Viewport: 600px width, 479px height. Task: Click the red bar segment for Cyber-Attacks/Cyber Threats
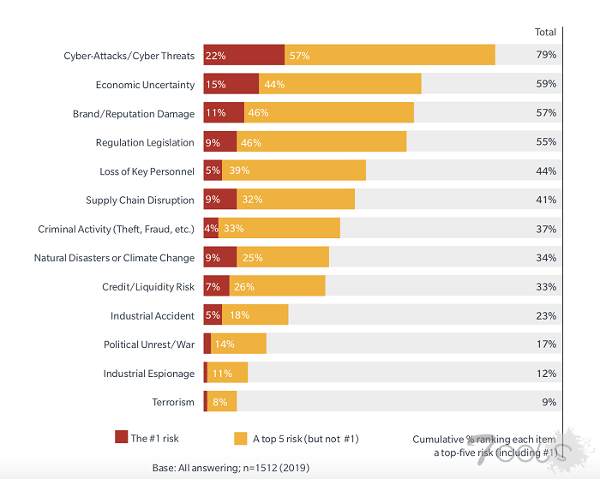[243, 55]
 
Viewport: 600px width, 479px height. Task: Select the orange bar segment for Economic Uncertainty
[339, 84]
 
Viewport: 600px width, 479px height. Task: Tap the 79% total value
[546, 55]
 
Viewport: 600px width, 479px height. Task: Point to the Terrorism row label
[173, 402]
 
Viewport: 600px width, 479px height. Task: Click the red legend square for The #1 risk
[121, 438]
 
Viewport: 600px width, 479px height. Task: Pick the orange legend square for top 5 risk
[241, 438]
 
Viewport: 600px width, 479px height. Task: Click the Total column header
[545, 32]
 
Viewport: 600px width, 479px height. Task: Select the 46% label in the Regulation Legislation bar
[251, 142]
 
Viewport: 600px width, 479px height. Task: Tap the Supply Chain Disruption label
[141, 201]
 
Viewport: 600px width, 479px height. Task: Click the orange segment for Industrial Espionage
[227, 373]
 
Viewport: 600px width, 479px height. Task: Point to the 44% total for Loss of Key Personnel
[546, 171]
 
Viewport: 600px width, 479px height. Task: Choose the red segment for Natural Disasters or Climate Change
[219, 257]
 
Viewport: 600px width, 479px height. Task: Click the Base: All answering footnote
[231, 467]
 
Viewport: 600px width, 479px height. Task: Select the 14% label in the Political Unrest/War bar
[225, 344]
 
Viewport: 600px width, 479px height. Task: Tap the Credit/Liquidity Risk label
[149, 286]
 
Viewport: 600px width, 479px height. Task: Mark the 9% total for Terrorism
[549, 402]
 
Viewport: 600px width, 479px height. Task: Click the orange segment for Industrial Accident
[255, 315]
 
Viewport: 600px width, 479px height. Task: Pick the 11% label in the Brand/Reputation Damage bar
[214, 113]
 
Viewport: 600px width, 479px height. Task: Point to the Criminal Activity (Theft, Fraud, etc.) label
[117, 229]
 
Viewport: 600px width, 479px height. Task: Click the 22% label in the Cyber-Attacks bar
[215, 56]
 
